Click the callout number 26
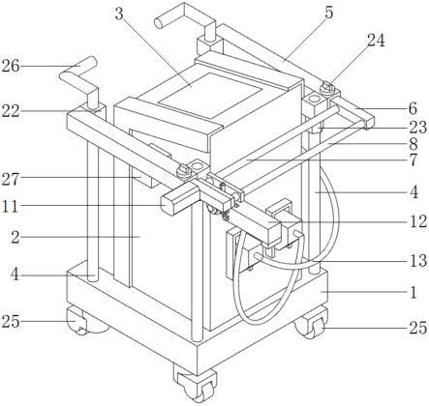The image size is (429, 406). point(11,67)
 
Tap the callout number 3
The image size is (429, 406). point(119,14)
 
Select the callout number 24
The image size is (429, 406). point(376,41)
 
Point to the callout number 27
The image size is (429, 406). point(11,179)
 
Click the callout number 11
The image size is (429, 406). point(10,206)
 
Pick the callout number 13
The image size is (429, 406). point(418,261)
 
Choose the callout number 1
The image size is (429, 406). point(414,292)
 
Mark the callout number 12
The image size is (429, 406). point(418,221)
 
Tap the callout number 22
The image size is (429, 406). point(11,111)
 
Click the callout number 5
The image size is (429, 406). point(329,13)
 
